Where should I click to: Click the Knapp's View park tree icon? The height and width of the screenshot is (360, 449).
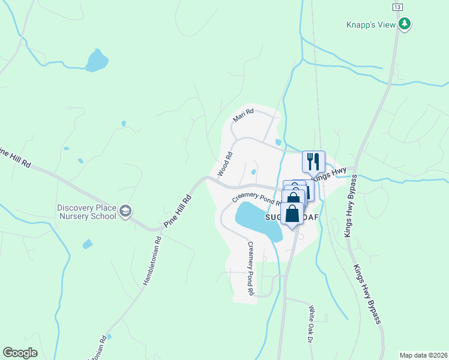405,23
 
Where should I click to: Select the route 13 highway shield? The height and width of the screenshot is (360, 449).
397,6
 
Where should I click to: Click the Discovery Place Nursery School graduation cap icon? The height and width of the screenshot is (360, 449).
125,211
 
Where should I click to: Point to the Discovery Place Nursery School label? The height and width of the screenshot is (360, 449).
86,212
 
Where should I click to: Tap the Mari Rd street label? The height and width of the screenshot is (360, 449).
244,115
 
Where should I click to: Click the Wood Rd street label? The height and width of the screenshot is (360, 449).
224,163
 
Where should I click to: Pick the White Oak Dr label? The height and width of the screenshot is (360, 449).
311,322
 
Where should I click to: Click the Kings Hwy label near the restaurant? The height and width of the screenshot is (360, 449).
330,174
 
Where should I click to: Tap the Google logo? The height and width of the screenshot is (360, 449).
19,353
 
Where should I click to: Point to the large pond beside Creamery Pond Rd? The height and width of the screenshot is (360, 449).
258,220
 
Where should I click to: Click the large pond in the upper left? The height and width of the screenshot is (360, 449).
96,61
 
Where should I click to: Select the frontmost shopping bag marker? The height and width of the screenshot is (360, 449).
292,214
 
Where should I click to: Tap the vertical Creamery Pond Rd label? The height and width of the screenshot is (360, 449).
250,269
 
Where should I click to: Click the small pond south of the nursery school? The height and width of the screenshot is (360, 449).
88,244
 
